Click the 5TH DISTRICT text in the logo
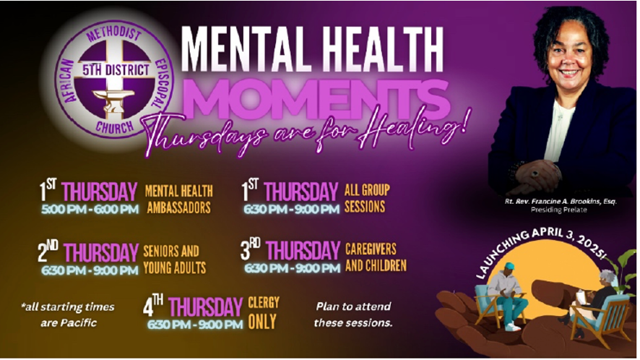coord(116,70)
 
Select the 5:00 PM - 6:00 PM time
coord(90,209)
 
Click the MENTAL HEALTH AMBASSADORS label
coord(178,200)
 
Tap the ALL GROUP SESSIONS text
coord(366,198)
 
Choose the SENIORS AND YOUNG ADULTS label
coord(174,260)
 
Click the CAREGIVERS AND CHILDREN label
coord(376,257)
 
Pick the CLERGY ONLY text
coord(264,312)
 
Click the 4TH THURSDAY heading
coord(193,307)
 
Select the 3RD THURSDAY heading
coord(290,250)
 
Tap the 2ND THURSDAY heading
coord(88,252)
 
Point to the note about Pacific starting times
coord(68,314)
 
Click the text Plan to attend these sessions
coord(353,314)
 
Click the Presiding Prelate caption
coord(559,210)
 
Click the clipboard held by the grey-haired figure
coord(581,296)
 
